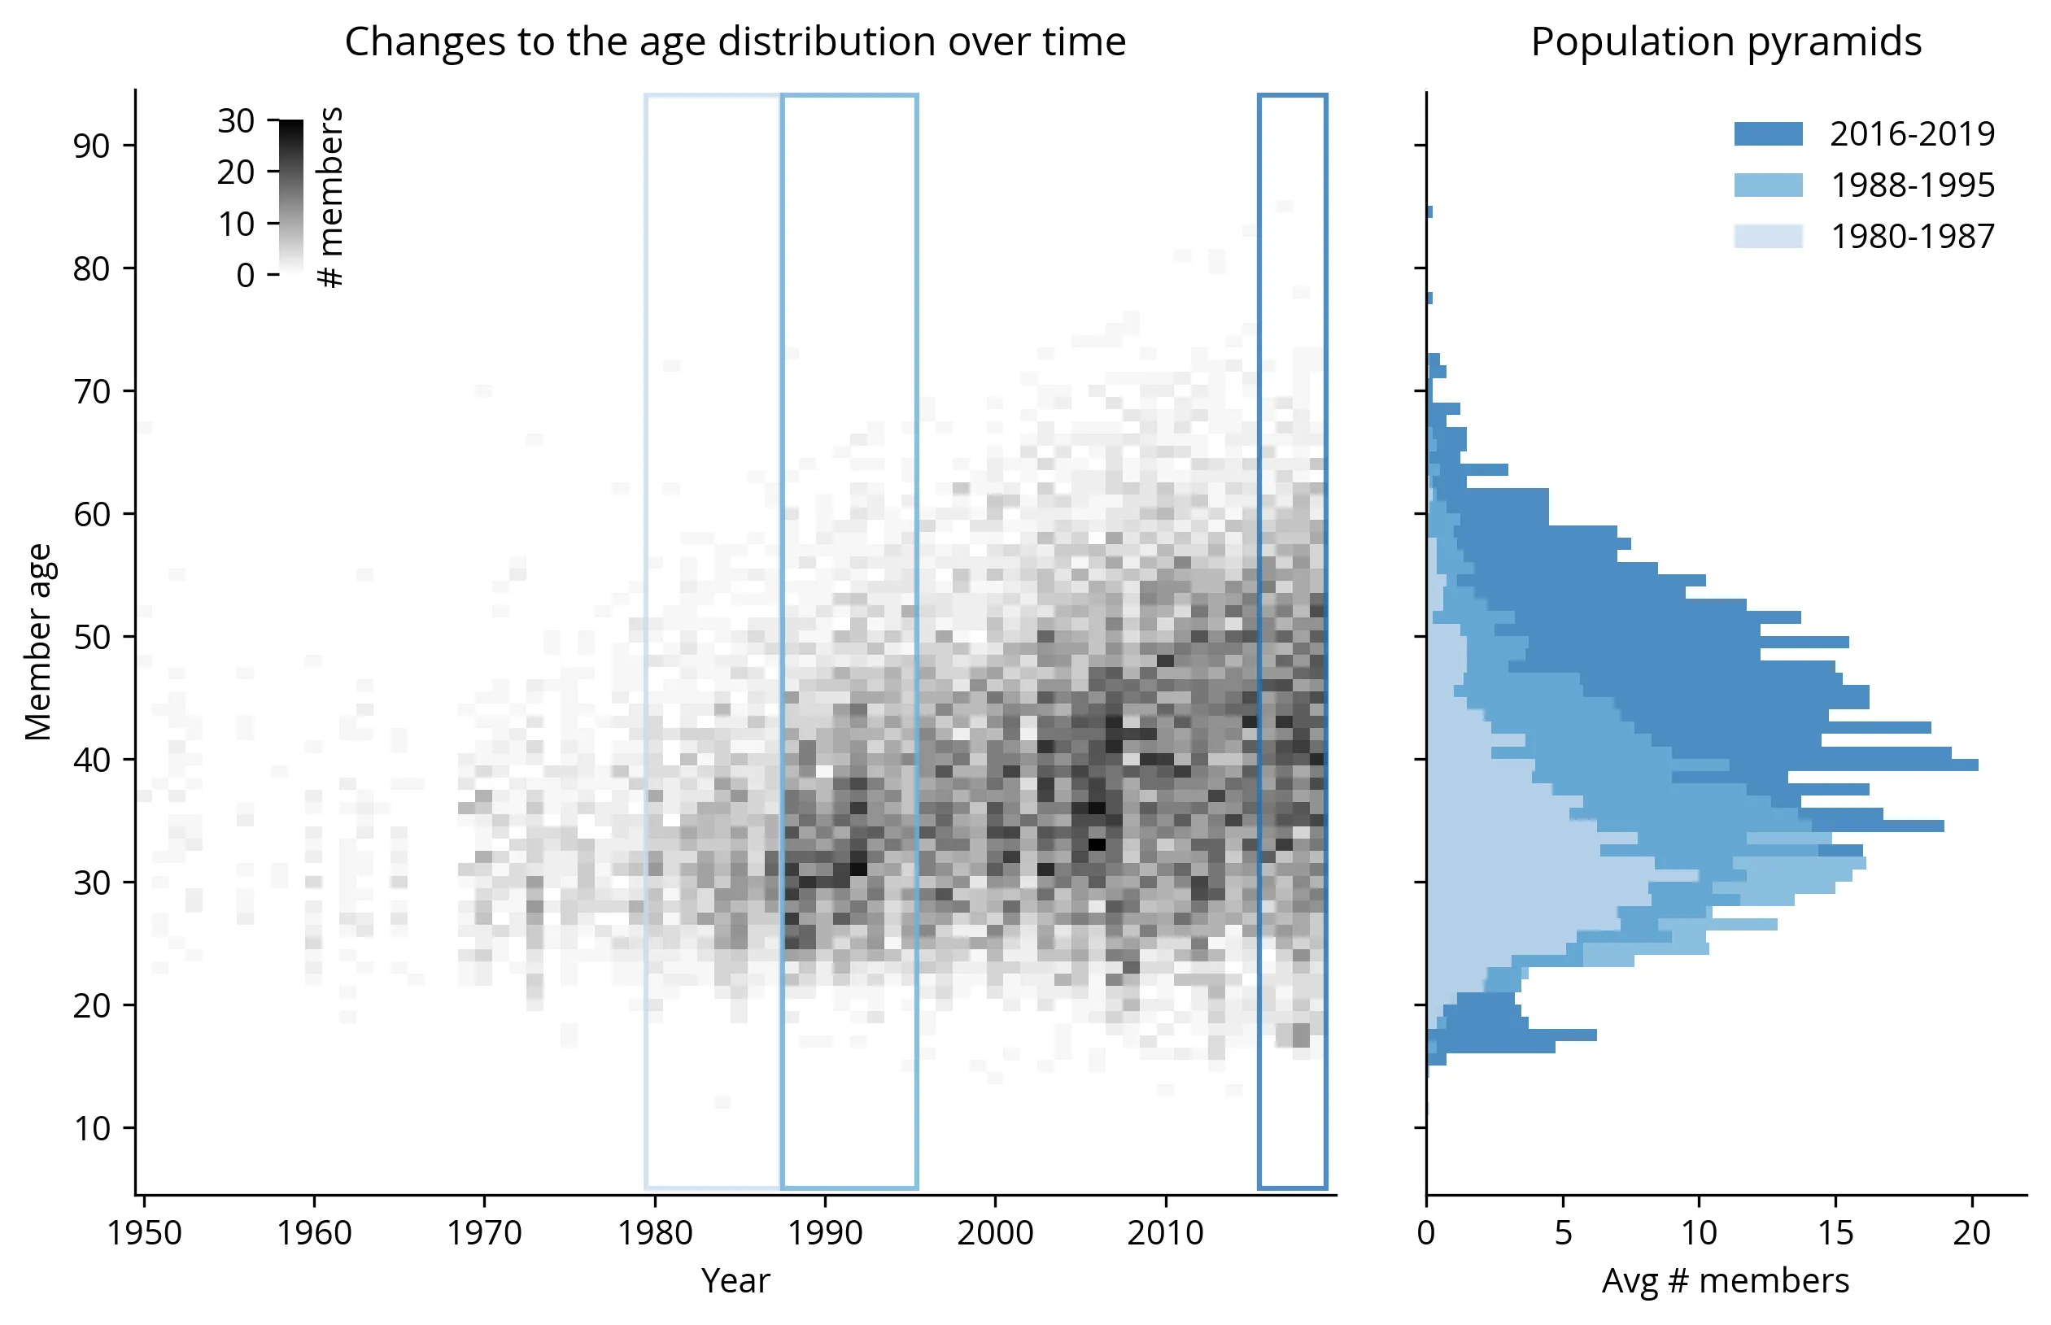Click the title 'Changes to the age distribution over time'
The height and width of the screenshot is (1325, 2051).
735,41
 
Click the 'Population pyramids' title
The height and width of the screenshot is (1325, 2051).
1725,41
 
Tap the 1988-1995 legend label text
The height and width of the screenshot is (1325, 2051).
1912,185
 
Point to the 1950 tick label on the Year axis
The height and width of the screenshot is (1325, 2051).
144,1233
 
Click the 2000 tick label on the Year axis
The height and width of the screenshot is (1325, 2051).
995,1233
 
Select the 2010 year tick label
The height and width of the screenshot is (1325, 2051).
1166,1233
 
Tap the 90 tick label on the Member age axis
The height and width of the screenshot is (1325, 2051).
91,146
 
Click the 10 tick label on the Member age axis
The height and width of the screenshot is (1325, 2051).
91,1128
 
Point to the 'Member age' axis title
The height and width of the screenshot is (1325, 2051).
38,642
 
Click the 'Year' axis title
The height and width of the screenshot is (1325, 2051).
735,1281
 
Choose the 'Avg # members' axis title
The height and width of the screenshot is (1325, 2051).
1725,1281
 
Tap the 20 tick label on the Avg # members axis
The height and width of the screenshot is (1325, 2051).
1971,1233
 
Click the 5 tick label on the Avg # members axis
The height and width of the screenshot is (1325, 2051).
1563,1233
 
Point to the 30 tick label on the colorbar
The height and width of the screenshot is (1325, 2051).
235,121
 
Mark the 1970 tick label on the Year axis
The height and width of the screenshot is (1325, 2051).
484,1233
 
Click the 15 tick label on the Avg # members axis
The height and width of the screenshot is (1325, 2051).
1835,1233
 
